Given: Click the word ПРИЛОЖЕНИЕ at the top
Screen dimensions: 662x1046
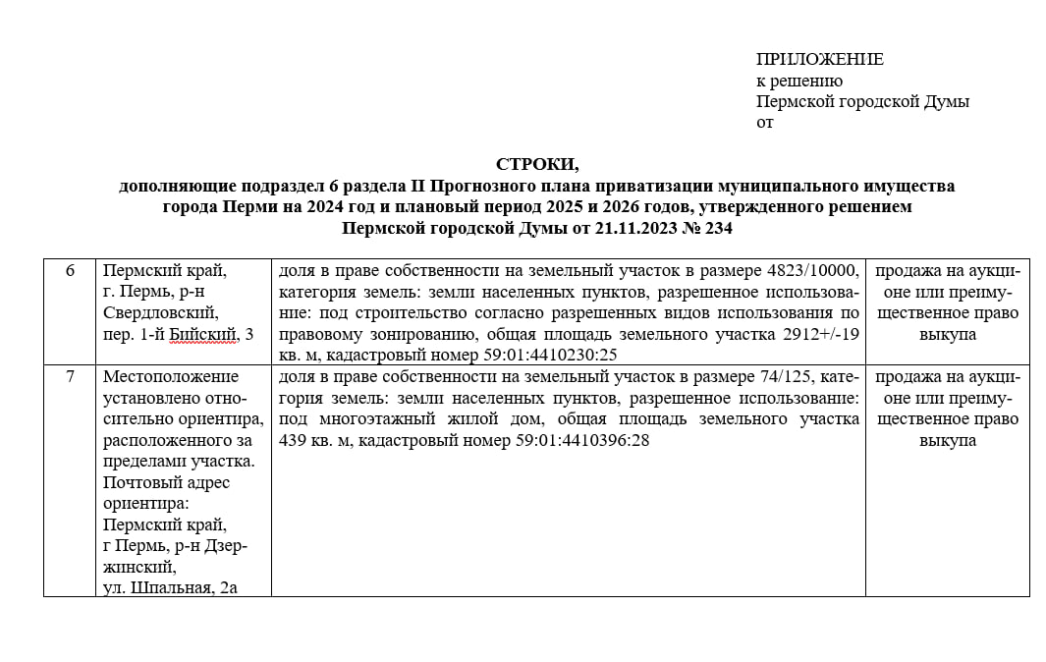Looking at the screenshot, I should (x=819, y=60).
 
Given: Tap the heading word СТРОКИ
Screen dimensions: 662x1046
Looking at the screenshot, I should (x=536, y=164).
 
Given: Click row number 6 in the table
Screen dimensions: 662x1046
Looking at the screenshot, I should (x=70, y=270).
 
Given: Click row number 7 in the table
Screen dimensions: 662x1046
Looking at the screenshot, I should (x=70, y=377).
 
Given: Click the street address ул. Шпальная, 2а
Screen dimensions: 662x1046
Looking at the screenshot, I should (x=173, y=588).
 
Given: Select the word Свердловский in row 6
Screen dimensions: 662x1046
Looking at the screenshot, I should (x=160, y=313).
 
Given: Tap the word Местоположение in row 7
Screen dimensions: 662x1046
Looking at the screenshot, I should (x=171, y=377).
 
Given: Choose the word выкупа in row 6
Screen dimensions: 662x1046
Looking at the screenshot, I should (x=947, y=335).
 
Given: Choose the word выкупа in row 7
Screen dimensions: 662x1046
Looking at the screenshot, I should (x=947, y=441).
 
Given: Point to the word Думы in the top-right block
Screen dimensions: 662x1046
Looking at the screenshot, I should (x=946, y=101).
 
